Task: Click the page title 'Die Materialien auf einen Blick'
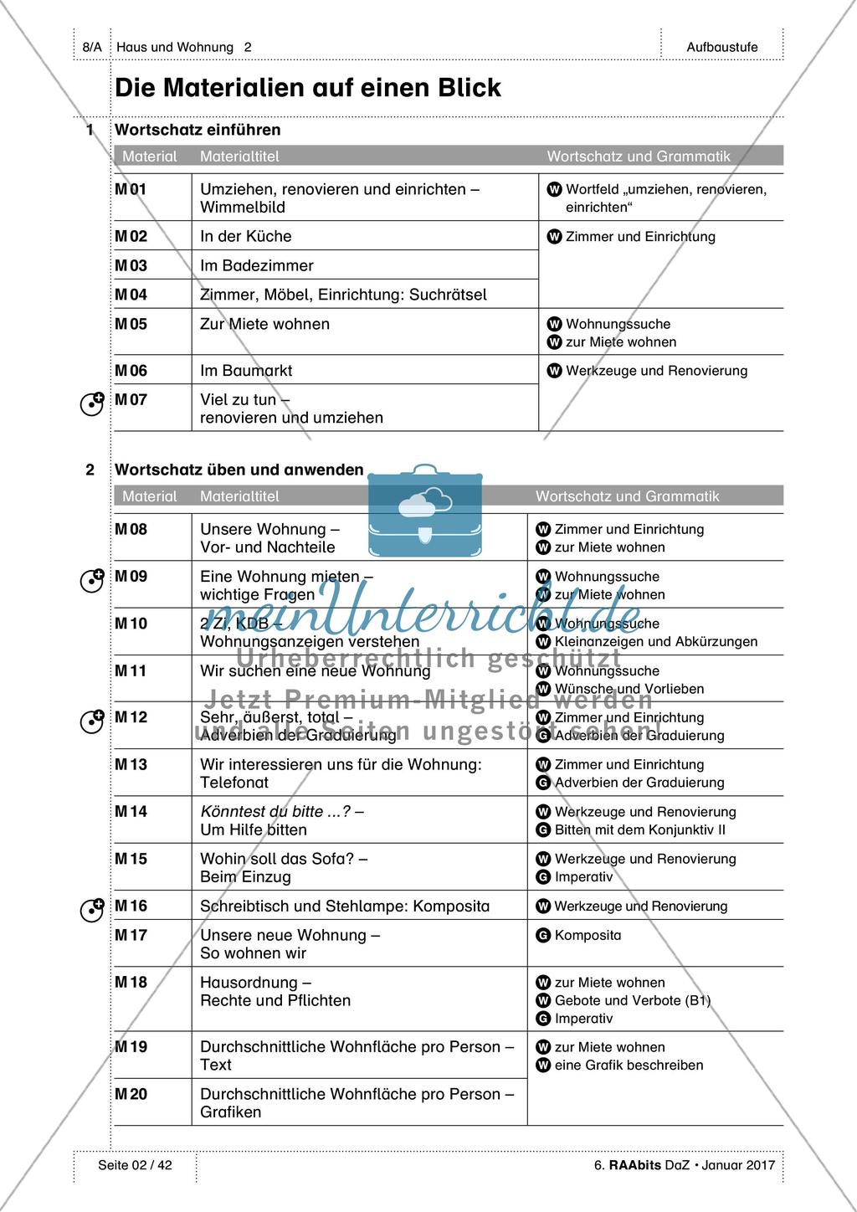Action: (307, 88)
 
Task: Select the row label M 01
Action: (131, 190)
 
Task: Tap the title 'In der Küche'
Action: (245, 237)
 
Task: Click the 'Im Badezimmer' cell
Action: (256, 266)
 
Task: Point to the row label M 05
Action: (131, 325)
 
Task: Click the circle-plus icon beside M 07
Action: (91, 404)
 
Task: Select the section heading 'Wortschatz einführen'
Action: (198, 130)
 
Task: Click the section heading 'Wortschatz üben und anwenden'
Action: (239, 470)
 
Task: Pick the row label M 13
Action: (131, 765)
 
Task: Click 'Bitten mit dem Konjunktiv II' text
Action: (639, 830)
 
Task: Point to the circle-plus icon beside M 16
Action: (91, 910)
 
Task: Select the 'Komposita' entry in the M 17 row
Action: (588, 936)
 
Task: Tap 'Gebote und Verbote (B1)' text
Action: (632, 1001)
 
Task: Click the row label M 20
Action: (131, 1095)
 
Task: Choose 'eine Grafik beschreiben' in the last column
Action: (629, 1066)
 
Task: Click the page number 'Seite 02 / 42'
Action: (135, 1165)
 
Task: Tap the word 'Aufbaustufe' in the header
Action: (722, 48)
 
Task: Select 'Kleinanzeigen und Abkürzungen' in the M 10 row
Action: (655, 642)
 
